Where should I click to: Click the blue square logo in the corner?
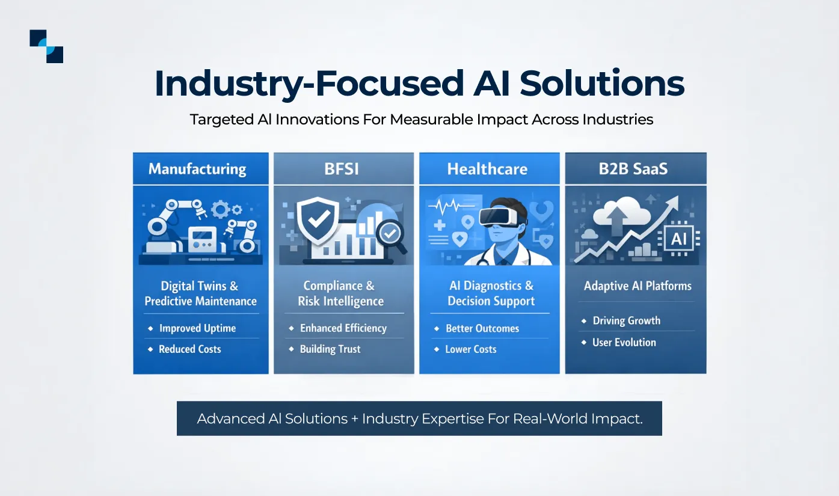(46, 46)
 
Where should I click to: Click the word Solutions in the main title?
(602, 84)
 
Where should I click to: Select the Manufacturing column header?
(197, 169)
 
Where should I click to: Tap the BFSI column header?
(341, 169)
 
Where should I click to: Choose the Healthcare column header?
(487, 169)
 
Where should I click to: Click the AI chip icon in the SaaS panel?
(678, 239)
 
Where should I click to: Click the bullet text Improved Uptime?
(197, 328)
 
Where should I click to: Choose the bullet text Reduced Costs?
(189, 349)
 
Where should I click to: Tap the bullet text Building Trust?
(330, 349)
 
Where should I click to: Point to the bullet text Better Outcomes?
(482, 328)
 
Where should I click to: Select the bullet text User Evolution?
(624, 343)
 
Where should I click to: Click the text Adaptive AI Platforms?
(638, 286)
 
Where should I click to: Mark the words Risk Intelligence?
(340, 301)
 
